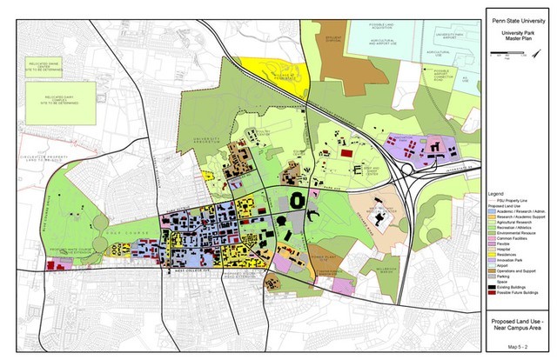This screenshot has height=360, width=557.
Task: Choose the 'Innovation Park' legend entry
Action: [x=514, y=258]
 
